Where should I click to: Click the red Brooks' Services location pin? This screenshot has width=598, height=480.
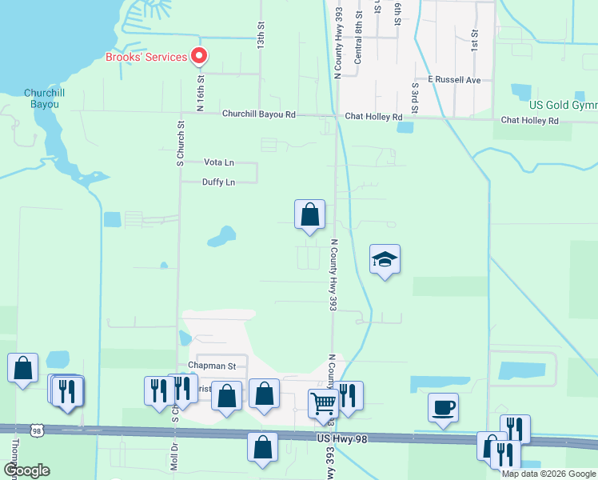[x=198, y=57]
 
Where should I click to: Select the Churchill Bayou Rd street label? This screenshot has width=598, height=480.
[x=258, y=114]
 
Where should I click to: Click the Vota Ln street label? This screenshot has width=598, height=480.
[x=219, y=162]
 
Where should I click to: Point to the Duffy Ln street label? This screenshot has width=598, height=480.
[x=219, y=182]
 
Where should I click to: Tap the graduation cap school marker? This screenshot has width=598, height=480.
[x=385, y=259]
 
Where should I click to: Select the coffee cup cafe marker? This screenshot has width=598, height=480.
[x=443, y=407]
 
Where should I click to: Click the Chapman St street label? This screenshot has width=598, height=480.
[x=212, y=366]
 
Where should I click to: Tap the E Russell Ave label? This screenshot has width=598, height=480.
[x=454, y=80]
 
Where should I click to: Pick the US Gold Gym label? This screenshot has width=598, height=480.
[x=563, y=106]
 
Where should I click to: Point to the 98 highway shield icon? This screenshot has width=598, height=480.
[x=37, y=430]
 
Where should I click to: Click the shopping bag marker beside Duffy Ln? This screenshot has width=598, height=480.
[x=309, y=214]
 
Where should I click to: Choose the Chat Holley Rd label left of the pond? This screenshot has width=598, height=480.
[x=373, y=117]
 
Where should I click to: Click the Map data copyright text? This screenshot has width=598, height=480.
[x=548, y=474]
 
